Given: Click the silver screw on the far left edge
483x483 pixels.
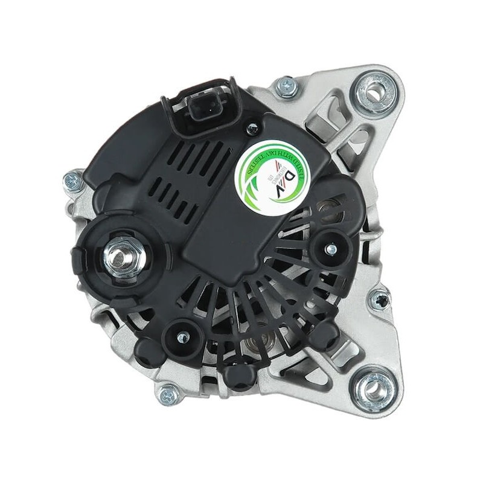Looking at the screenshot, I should [x=72, y=180].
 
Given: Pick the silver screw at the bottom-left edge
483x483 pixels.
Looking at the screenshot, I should [x=167, y=395].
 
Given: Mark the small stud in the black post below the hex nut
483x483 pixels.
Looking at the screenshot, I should [x=179, y=332].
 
